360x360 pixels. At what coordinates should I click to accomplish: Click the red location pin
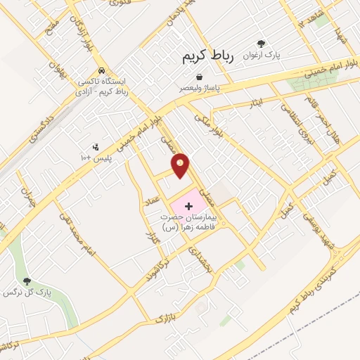[181, 165]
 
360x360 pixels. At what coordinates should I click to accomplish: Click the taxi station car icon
[102, 71]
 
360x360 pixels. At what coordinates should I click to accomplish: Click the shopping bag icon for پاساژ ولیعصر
[200, 77]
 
